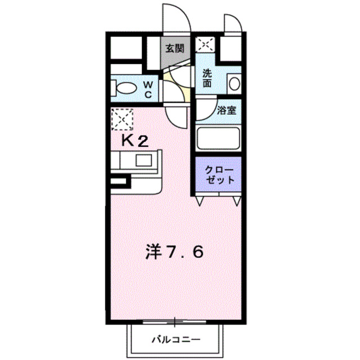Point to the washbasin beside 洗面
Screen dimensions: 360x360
pyautogui.click(x=235, y=84)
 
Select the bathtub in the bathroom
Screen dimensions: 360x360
pyautogui.click(x=218, y=137)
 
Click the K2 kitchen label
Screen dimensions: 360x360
pyautogui.click(x=136, y=141)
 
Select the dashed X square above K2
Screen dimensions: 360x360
pyautogui.click(x=122, y=119)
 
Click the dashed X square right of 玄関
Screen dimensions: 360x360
pyautogui.click(x=205, y=43)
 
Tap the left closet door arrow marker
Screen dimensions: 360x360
pyautogui.click(x=200, y=200)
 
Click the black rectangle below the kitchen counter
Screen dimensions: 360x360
pyautogui.click(x=120, y=182)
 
